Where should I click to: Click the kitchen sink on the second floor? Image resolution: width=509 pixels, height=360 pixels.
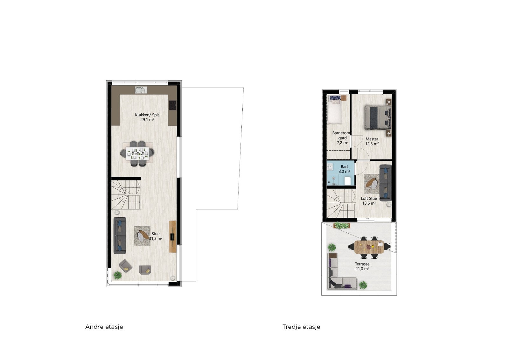pyautogui.click(x=140, y=90)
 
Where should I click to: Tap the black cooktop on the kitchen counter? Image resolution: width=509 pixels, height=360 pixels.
pyautogui.click(x=172, y=105)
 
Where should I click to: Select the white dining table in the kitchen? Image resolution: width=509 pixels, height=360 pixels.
pyautogui.click(x=137, y=153)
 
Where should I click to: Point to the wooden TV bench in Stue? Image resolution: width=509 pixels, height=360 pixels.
pyautogui.click(x=173, y=236)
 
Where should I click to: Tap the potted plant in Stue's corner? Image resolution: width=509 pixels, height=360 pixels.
pyautogui.click(x=118, y=275)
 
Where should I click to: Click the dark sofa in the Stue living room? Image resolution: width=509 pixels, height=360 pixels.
pyautogui.click(x=120, y=236)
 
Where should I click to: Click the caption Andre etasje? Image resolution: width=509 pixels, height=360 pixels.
pyautogui.click(x=104, y=327)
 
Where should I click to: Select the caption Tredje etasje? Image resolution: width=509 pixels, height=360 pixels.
pyautogui.click(x=301, y=327)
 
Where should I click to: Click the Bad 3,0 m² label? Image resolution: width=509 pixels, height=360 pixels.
pyautogui.click(x=344, y=169)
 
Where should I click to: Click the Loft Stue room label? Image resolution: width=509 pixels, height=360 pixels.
pyautogui.click(x=369, y=198)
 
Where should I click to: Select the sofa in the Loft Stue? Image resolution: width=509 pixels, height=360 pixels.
pyautogui.click(x=385, y=183)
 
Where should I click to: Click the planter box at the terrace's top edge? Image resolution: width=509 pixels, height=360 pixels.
pyautogui.click(x=341, y=226)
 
